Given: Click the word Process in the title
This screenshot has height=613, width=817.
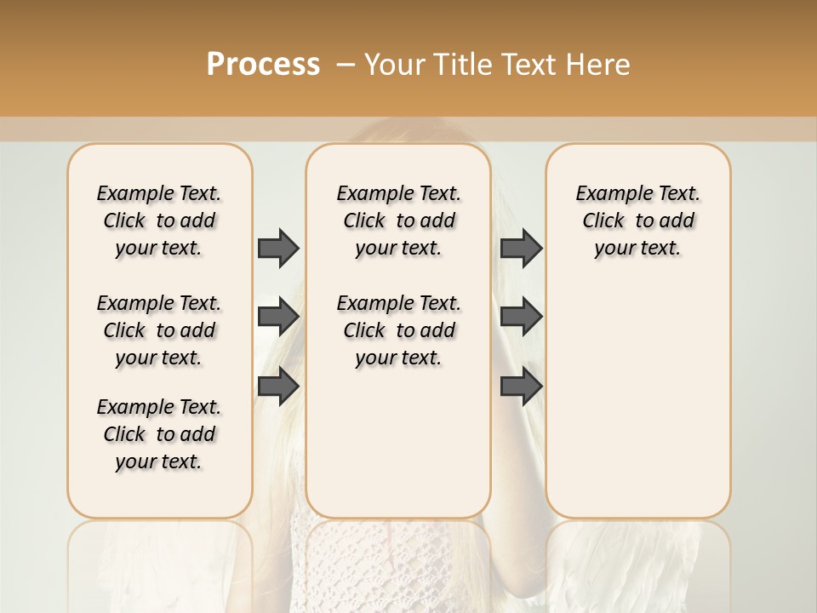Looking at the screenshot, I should pos(263,65).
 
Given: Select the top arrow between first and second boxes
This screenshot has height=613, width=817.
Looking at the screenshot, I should pos(278,248).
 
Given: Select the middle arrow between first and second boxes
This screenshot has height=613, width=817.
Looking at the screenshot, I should pos(278,317).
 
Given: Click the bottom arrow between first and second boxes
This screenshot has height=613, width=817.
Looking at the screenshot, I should pos(278,387).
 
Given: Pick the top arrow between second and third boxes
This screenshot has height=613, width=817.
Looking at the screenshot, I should pos(521,248).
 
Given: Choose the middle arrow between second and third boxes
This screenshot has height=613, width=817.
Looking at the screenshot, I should pos(521,317).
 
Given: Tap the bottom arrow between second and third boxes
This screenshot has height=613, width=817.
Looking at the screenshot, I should pos(521,387).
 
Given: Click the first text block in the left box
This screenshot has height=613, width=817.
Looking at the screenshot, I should pos(159,221).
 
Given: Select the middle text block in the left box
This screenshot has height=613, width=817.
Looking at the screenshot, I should pos(159,330).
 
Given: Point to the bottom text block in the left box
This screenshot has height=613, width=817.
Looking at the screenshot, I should pos(159,434).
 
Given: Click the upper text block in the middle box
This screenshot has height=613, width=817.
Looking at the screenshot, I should pos(398,221).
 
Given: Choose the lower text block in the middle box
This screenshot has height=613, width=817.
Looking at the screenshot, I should pos(398,330).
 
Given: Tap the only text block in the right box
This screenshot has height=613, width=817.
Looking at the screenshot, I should pos(637,221).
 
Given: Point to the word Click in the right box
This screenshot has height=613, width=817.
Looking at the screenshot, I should pos(603,221).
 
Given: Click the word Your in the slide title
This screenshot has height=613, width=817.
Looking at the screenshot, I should pos(396,65).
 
